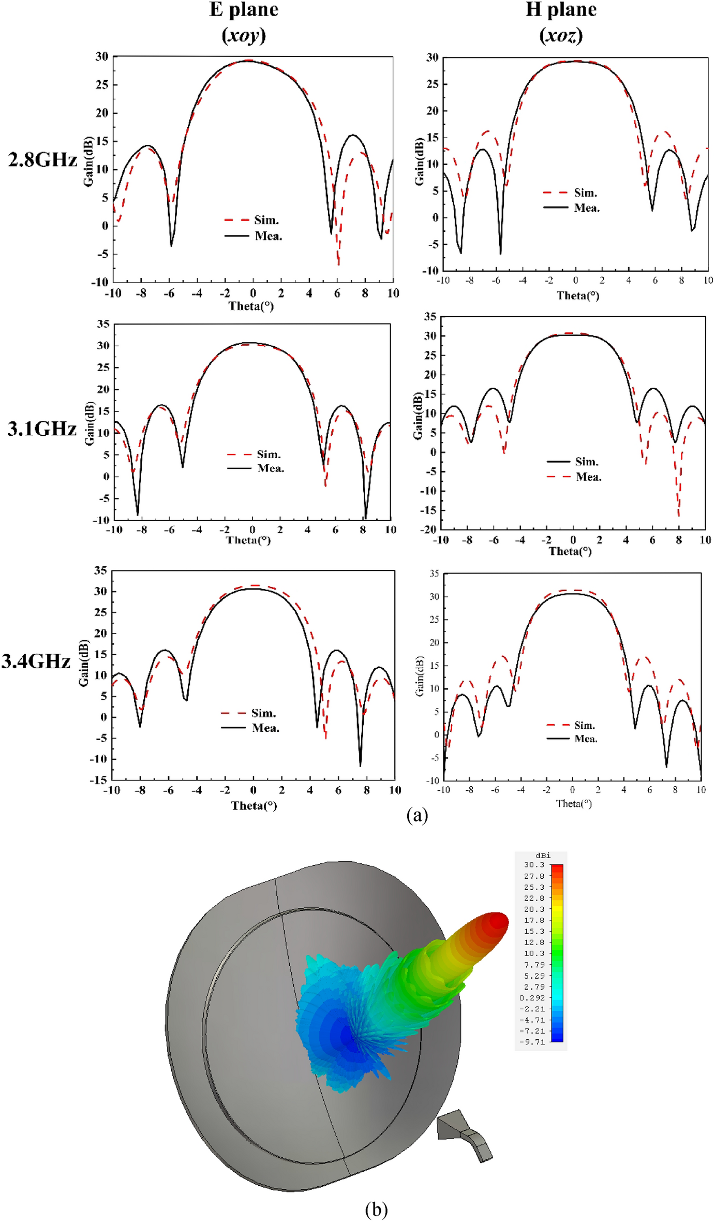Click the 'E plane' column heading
click(x=244, y=10)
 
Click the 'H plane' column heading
click(x=561, y=10)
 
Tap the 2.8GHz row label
click(x=42, y=160)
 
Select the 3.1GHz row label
click(x=42, y=429)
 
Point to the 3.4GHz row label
click(x=36, y=661)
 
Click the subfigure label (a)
click(x=417, y=815)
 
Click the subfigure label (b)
click(x=376, y=1210)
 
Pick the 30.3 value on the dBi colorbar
click(x=534, y=865)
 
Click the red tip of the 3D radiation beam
click(x=498, y=922)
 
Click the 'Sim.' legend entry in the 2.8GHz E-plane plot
click(x=266, y=220)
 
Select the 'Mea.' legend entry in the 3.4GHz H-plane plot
click(x=586, y=739)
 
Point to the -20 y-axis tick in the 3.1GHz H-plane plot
click(x=429, y=529)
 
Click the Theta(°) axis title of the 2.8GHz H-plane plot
click(x=577, y=296)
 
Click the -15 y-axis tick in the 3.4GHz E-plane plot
click(x=100, y=780)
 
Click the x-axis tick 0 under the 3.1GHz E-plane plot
click(x=252, y=530)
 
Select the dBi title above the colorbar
click(x=543, y=856)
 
